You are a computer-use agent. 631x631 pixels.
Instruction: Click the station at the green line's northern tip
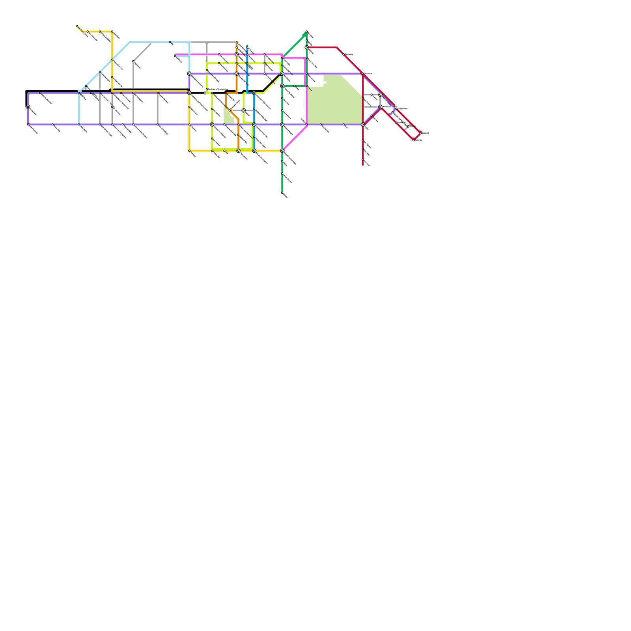click(307, 32)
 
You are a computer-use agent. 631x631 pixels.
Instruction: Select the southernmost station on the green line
click(282, 193)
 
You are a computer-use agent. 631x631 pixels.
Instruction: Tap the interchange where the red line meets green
click(307, 47)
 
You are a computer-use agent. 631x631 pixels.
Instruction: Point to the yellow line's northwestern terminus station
click(77, 26)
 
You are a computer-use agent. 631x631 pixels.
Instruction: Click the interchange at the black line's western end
click(28, 107)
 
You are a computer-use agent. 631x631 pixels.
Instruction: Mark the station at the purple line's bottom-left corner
click(28, 125)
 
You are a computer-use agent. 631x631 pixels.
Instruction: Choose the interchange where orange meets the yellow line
click(238, 151)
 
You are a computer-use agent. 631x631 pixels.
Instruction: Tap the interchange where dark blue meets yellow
click(254, 151)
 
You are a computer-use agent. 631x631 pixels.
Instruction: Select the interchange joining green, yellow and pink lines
click(282, 151)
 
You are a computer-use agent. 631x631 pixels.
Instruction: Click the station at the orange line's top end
click(237, 42)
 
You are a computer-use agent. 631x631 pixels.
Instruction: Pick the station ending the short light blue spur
click(175, 56)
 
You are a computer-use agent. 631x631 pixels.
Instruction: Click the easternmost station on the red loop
click(420, 133)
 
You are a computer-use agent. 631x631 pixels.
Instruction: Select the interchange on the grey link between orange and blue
click(244, 110)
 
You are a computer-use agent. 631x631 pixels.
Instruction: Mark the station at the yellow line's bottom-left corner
click(189, 151)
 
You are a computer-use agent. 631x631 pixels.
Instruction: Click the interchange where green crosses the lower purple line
click(282, 125)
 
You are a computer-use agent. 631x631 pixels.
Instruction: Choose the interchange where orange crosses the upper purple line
click(237, 74)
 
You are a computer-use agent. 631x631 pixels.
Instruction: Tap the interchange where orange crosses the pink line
click(237, 54)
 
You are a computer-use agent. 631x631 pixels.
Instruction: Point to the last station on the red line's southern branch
click(363, 160)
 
